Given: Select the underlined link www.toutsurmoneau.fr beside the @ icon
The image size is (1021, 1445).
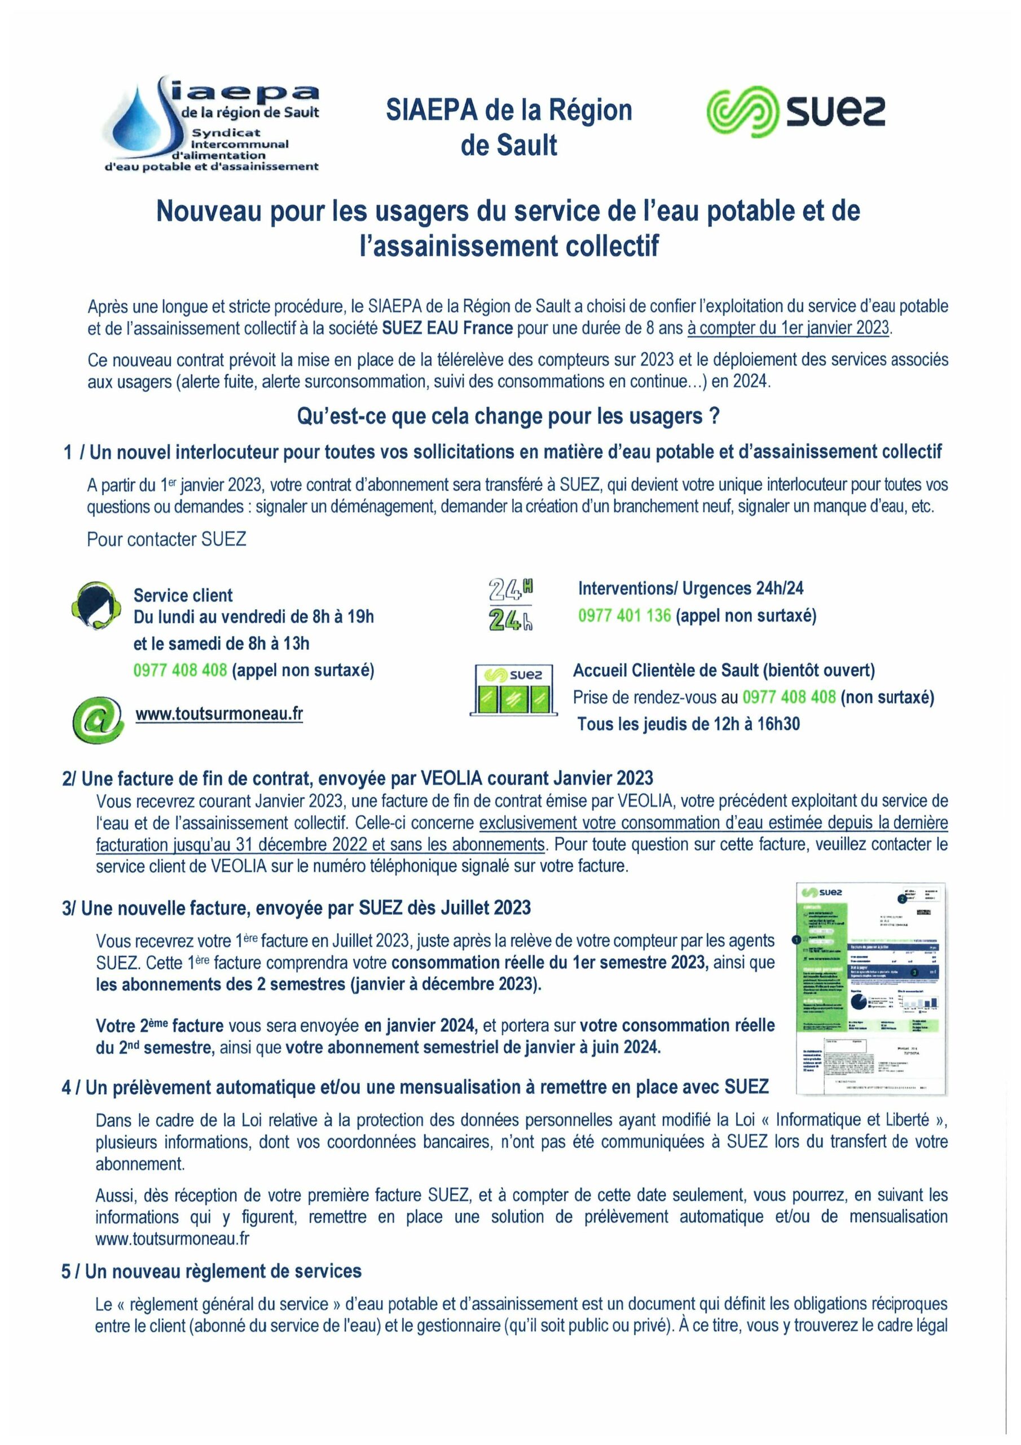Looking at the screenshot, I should pos(219,713).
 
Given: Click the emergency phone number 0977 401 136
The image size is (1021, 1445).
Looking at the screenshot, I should pos(624,615).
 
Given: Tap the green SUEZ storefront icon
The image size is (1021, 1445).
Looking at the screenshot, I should pos(513,690).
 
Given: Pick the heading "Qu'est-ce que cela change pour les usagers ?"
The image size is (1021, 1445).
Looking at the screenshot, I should pos(508,417).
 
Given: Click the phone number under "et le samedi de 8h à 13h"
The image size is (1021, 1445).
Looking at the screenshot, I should pos(180,670).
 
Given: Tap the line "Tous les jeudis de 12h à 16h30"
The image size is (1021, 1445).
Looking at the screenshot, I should pos(688,724).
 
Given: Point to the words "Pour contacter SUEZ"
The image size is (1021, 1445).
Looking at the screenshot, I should pos(167,540).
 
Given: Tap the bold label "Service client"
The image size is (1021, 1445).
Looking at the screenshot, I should pos(183,595).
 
